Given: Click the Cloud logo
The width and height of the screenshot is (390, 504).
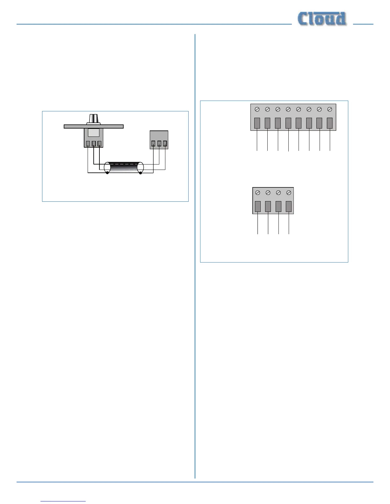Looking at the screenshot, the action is coord(322,19).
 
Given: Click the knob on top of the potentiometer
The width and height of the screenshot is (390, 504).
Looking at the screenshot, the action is coord(93,119).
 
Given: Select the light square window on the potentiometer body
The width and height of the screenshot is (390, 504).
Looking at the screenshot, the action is coord(93,133).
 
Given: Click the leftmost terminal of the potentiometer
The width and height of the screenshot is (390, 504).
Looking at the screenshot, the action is coord(88,143).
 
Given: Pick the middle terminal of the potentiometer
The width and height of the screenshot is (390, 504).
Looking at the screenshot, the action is coord(94,143).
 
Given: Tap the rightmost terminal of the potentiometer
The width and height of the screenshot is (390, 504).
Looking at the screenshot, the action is coord(99,143).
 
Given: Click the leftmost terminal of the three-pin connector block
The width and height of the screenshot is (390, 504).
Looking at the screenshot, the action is coord(153,143).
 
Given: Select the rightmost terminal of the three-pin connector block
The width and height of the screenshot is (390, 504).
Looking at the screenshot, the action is coord(165,143).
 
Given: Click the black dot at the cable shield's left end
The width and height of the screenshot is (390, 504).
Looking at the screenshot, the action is coord(107,173).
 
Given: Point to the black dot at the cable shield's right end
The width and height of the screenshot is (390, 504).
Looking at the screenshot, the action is coord(141,173).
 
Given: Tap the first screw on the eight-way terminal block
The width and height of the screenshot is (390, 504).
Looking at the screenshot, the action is coord(257,109).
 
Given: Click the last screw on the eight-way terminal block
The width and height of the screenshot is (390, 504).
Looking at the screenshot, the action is coord(330,109).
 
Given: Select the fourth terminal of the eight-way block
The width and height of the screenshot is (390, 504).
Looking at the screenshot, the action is coord(288,123).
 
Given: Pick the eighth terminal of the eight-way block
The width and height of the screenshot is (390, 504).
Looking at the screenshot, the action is coord(330,123).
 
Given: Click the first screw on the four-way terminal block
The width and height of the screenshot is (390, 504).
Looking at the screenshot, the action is coord(258,192).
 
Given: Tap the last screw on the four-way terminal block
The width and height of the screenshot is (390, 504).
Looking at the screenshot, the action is coord(289,192).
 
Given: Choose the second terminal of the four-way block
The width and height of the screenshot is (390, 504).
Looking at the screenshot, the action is coord(268,206).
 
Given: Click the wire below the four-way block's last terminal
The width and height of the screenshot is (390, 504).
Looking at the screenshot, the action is coord(289,224).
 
